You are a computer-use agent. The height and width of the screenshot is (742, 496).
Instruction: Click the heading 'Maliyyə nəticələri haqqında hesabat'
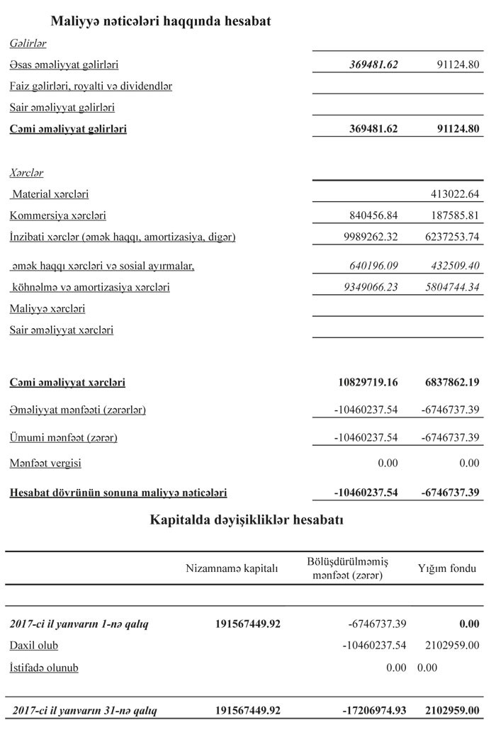(161, 22)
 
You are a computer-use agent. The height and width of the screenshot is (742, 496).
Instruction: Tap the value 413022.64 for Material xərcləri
(455, 194)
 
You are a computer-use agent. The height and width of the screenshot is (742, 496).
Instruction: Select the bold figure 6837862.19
(451, 383)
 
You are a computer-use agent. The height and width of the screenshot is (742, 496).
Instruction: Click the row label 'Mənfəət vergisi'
(45, 463)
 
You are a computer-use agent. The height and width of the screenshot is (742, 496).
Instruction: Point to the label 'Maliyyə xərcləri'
(47, 309)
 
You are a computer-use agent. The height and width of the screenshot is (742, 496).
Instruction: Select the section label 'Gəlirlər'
(28, 44)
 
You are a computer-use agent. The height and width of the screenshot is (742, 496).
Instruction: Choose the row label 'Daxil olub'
(34, 646)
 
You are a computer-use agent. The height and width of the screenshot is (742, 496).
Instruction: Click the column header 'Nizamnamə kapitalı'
(232, 568)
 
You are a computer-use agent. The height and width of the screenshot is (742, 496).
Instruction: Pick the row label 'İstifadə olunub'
(44, 668)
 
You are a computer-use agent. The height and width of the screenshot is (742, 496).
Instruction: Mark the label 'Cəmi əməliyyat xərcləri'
(67, 383)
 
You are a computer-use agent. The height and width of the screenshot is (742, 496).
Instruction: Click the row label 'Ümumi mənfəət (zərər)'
(64, 438)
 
